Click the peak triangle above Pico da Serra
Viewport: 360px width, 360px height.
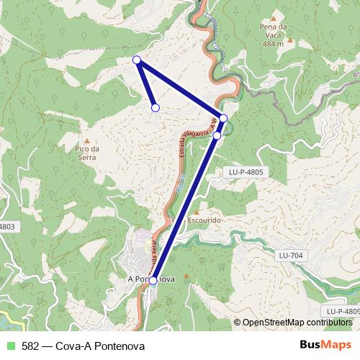click(86, 140)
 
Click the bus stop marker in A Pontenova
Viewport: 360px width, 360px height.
click(153, 281)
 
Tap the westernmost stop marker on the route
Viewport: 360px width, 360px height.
click(137, 60)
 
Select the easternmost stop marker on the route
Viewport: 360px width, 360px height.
click(223, 118)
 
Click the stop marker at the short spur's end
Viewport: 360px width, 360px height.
click(155, 108)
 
